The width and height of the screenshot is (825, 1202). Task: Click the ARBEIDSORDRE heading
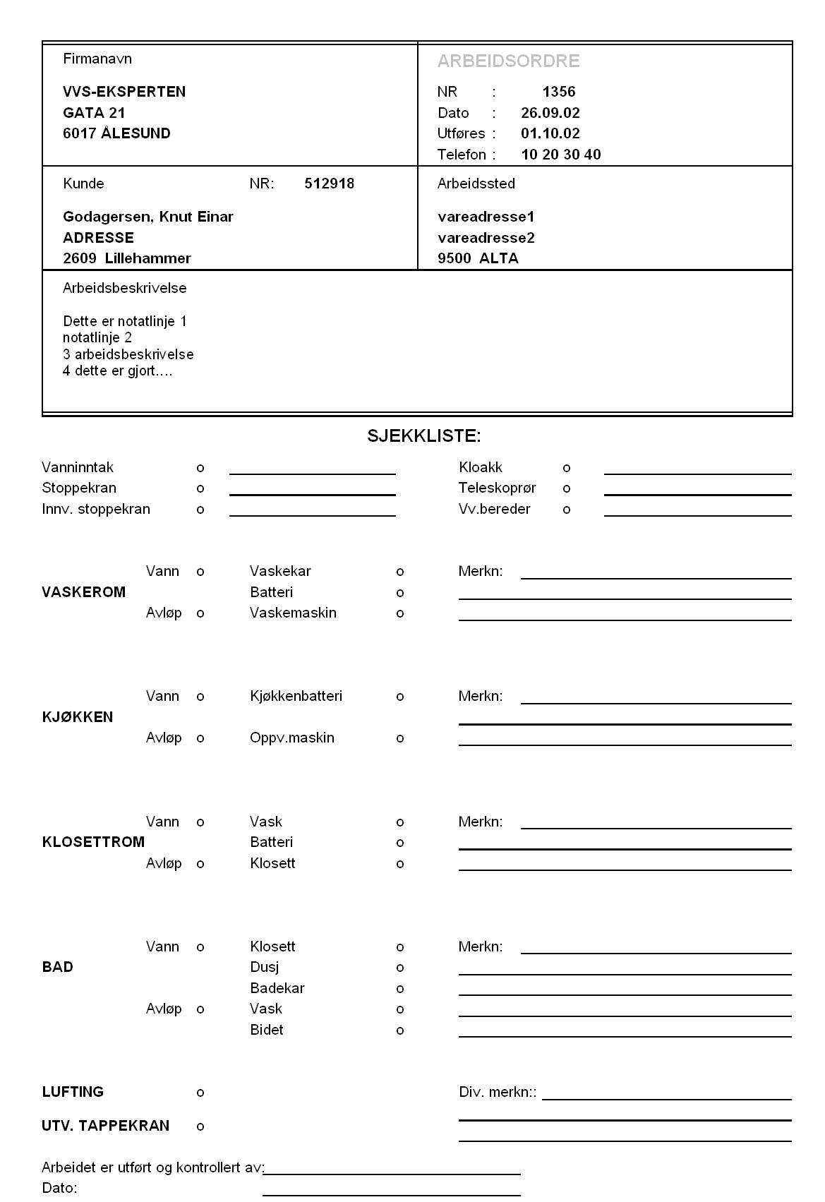point(508,61)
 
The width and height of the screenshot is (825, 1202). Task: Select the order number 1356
point(559,92)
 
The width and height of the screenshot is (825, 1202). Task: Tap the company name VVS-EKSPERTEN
point(124,92)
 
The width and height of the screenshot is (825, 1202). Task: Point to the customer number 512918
point(330,184)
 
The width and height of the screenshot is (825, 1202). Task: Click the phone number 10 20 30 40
point(561,155)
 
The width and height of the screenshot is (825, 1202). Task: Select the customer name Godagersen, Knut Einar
point(148,217)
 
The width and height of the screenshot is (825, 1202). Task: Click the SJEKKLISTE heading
point(423,436)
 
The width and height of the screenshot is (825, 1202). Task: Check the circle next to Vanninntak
point(200,468)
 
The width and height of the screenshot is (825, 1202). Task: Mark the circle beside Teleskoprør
point(567,488)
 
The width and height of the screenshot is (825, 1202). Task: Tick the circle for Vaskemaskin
point(400,613)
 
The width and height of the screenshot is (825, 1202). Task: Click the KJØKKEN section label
point(78,717)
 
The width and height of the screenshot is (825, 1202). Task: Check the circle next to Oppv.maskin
point(400,738)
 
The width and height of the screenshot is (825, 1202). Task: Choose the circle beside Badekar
point(400,989)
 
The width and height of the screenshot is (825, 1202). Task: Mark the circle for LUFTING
point(200,1093)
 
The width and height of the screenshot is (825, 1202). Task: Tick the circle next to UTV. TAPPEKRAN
point(200,1126)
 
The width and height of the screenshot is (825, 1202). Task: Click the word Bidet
point(267,1030)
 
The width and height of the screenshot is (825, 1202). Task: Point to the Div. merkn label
point(498,1093)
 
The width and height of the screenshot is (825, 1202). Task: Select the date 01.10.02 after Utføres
point(550,133)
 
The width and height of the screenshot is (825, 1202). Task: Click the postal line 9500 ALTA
point(478,258)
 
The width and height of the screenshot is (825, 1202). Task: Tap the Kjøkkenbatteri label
point(296,697)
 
